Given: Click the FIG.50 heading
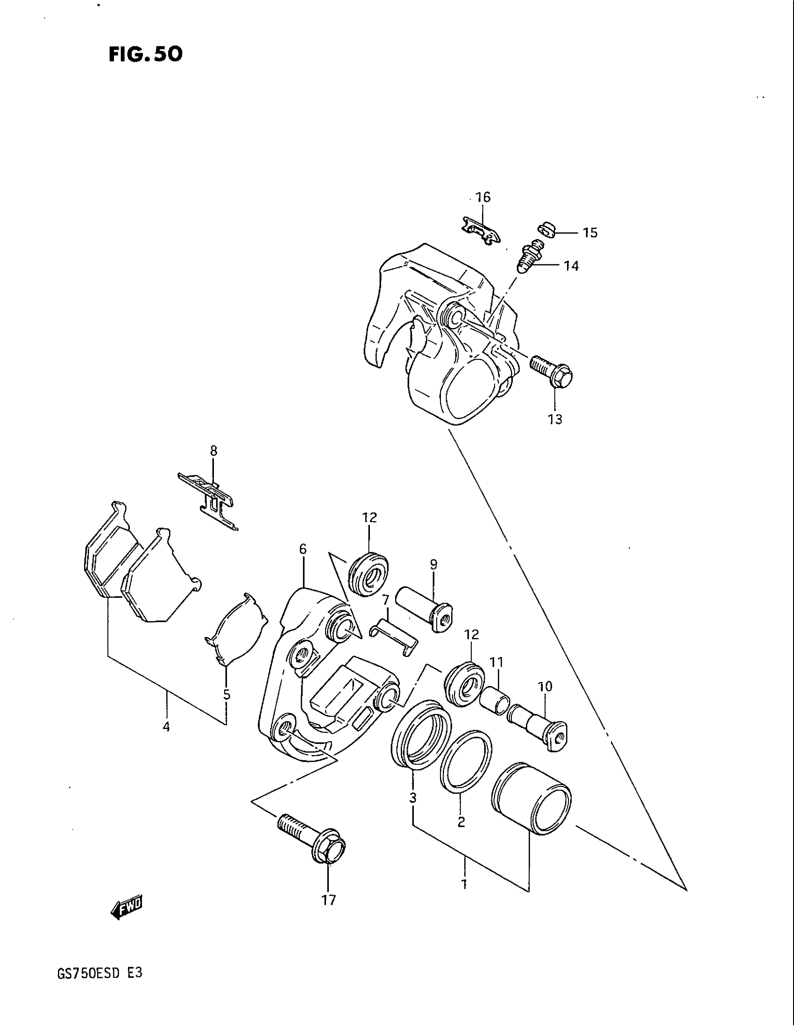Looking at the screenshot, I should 145,55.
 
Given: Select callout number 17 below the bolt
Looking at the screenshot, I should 329,900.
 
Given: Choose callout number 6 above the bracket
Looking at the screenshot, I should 303,549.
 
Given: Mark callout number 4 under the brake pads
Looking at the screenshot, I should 166,727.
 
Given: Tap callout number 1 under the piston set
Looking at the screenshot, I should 464,885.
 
